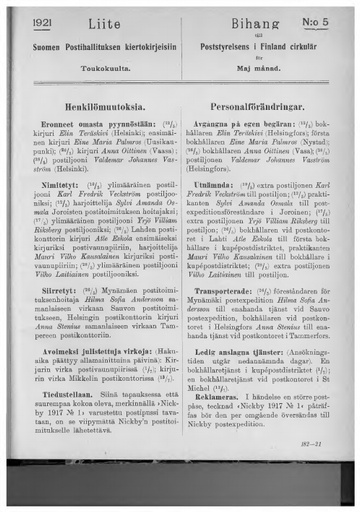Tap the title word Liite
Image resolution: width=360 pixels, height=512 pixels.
104,24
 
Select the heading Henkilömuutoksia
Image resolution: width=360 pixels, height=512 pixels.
104,103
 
